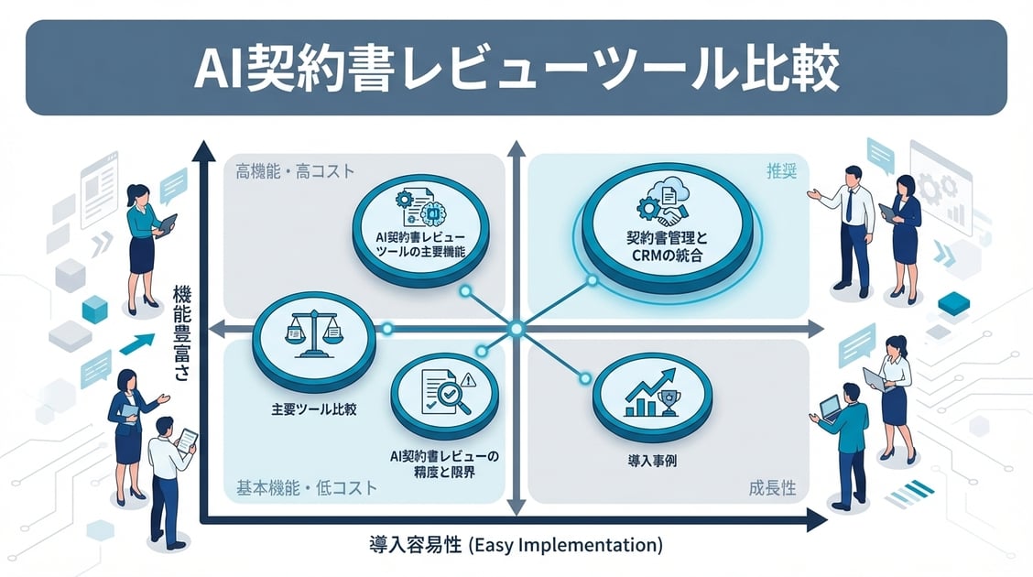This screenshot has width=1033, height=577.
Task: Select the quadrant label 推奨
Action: click(x=780, y=169)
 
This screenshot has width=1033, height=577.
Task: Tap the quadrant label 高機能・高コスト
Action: click(x=295, y=170)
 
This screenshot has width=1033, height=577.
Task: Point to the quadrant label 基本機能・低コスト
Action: click(x=302, y=487)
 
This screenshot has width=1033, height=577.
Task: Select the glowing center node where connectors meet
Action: click(x=516, y=328)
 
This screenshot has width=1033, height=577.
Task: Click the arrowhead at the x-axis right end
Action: click(x=814, y=521)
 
